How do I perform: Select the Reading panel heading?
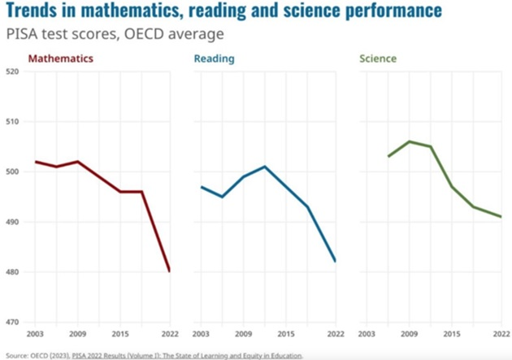[x=214, y=59]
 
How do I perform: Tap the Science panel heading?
[x=377, y=59]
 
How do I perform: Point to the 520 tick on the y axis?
[x=14, y=72]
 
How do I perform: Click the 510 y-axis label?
[x=14, y=122]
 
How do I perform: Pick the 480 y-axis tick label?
[x=14, y=272]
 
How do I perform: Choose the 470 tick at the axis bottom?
[x=14, y=323]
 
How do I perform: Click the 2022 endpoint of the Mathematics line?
[x=169, y=271]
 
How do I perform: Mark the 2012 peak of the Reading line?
[x=265, y=167]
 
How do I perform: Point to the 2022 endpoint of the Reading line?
[x=336, y=262]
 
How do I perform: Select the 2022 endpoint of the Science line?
[x=501, y=217]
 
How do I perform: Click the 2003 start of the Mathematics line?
[x=35, y=162]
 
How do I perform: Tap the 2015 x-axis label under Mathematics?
[x=119, y=334]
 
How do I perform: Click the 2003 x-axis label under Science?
[x=367, y=334]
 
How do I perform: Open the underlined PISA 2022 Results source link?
[x=186, y=355]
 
